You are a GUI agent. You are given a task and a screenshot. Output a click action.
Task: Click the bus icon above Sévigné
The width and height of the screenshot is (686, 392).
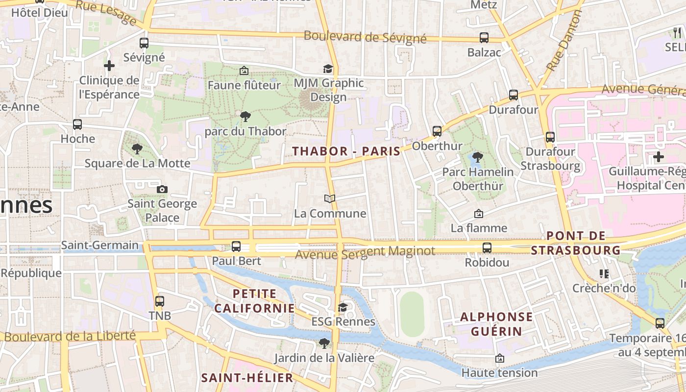tap(144, 43)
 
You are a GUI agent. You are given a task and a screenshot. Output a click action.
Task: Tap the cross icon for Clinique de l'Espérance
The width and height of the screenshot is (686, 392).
tap(109, 65)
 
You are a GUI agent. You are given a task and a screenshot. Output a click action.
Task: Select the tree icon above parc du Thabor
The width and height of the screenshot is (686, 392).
tap(245, 117)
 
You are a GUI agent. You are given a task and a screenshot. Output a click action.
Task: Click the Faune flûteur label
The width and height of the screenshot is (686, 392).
tap(244, 85)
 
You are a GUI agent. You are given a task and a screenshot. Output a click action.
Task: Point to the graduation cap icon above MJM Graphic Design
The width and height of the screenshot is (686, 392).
tap(328, 69)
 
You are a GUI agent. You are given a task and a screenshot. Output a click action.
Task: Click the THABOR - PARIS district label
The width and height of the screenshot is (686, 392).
tap(346, 151)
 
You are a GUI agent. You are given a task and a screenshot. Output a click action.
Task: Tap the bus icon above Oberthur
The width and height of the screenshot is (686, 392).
tap(437, 131)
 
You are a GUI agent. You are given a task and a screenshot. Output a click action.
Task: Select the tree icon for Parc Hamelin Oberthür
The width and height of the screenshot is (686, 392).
tap(477, 157)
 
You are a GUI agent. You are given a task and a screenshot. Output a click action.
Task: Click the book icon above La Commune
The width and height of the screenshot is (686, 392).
tap(330, 198)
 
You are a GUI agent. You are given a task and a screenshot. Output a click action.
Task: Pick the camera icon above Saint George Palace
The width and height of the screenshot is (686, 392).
tap(162, 189)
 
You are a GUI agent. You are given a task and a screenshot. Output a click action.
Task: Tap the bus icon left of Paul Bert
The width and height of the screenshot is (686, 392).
tap(236, 246)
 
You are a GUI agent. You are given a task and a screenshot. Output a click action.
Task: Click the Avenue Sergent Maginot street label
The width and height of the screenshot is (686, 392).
tap(365, 252)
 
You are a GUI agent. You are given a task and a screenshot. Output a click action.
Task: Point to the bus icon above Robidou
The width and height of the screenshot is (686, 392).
tap(487, 248)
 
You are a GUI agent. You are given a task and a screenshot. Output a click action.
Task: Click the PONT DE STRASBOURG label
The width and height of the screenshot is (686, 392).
tap(576, 244)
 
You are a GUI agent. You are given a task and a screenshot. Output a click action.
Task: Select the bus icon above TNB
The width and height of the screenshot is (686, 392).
tap(159, 301)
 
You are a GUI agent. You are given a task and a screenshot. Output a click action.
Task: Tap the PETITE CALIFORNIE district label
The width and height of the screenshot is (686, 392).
tap(255, 301)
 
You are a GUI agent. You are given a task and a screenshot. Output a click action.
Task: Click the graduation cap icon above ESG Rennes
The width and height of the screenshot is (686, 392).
tap(343, 307)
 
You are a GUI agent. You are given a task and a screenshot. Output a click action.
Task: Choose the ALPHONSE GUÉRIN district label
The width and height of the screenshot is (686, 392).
tap(496, 324)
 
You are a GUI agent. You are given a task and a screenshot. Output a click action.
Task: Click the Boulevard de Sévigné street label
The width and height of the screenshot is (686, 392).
tap(365, 37)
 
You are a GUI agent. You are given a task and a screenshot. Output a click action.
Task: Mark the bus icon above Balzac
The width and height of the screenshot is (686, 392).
tap(484, 38)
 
